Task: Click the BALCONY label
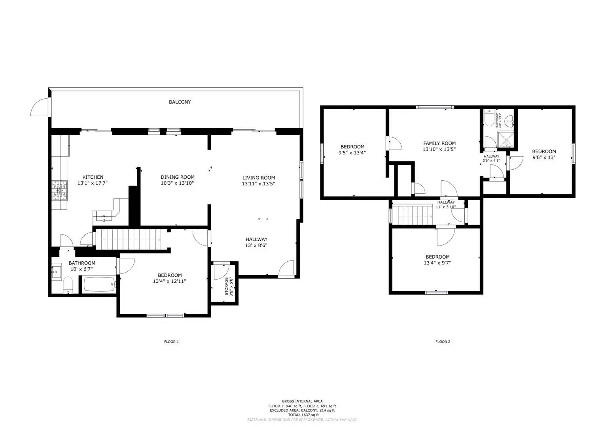pos(180,102)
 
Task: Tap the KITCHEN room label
pos(93,177)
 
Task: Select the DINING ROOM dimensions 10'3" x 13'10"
pos(177,183)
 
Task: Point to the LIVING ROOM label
pos(258,178)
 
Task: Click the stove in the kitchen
pos(59,190)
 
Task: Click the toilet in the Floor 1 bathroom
pos(68,285)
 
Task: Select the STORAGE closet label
pos(227,286)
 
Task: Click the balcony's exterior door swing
pos(40,107)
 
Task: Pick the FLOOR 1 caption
pos(171,342)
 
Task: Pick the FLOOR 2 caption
pos(443,342)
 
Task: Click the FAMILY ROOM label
pos(439,144)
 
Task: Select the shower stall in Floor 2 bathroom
pos(505,139)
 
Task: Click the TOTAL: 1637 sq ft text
pos(302,415)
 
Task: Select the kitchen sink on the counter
pos(104,216)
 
